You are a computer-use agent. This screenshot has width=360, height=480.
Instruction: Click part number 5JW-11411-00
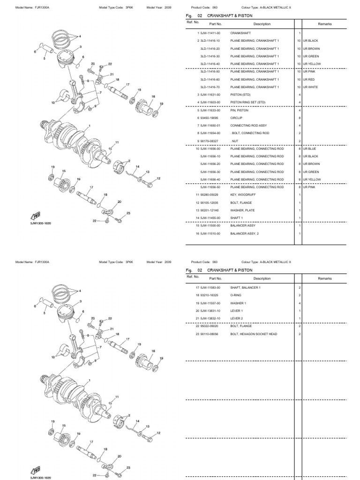(210, 33)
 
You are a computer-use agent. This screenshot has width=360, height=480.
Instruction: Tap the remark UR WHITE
(310, 87)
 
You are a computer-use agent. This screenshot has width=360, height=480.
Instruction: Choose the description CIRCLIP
(236, 118)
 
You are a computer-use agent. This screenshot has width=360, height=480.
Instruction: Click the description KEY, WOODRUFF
(243, 195)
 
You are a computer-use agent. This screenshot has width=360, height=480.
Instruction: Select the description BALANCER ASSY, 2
(244, 233)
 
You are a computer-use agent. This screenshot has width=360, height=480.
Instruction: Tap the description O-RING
(235, 295)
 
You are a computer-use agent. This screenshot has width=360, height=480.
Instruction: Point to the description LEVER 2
(236, 318)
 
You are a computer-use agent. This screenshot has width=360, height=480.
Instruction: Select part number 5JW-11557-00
(210, 302)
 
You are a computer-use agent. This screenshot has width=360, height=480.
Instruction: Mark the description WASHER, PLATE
(242, 210)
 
